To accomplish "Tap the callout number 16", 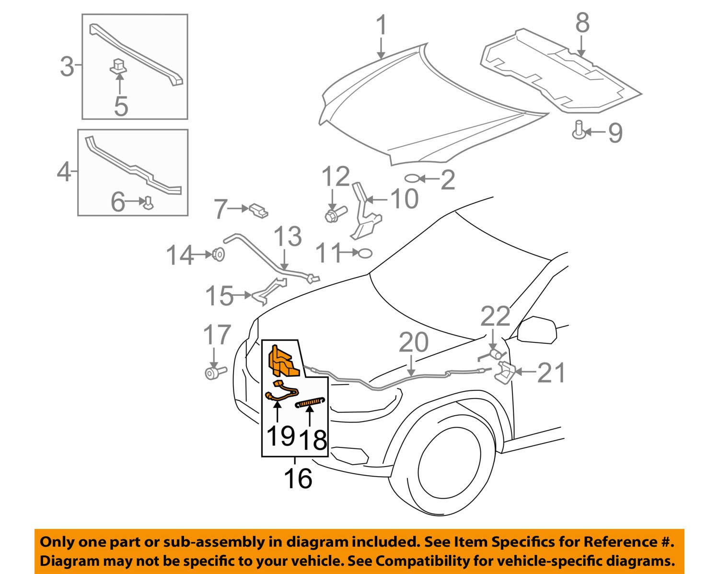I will pyautogui.click(x=298, y=478).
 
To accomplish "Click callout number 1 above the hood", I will pyautogui.click(x=381, y=25).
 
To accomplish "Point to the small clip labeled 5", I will pyautogui.click(x=119, y=66).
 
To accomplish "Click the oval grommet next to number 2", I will pyautogui.click(x=412, y=179).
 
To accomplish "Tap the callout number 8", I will pyautogui.click(x=582, y=23).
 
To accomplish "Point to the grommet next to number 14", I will pyautogui.click(x=218, y=254).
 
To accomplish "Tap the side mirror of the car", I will pyautogui.click(x=537, y=330).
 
